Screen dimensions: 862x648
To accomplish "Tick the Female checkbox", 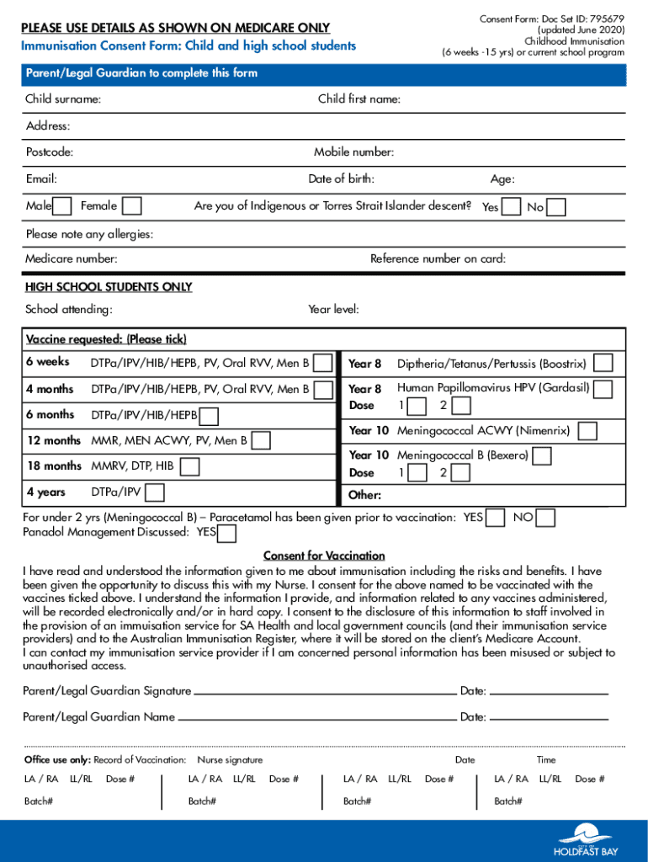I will point(131,206).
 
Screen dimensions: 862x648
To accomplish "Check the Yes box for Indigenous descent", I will point(511,207).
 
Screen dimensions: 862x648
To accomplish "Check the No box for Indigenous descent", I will point(556,207).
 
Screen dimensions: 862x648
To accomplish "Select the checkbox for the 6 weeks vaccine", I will point(323,363).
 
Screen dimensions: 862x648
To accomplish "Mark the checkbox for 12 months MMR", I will point(262,440).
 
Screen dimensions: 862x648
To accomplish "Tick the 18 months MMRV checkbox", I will point(190,466).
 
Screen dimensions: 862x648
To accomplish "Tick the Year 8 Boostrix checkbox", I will point(603,364).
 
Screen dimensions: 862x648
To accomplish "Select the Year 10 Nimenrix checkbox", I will point(587,431).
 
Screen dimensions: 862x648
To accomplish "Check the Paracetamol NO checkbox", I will point(546,518).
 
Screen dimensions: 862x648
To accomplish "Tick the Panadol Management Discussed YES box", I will point(226,534).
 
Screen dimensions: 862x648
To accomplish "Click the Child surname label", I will point(63,100).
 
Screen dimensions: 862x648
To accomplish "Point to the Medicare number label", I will point(71,259).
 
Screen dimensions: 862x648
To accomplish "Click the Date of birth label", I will point(341,179).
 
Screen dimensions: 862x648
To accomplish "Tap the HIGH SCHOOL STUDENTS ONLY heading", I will point(109,287).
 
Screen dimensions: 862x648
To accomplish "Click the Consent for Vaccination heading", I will point(324,556).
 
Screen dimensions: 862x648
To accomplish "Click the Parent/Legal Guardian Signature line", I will point(324,692).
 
